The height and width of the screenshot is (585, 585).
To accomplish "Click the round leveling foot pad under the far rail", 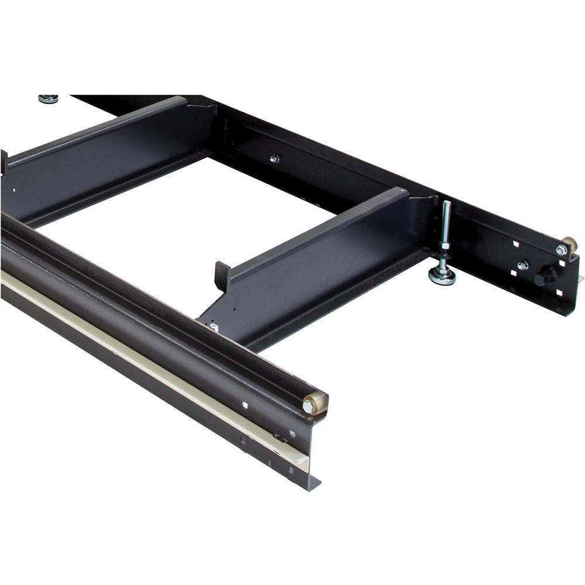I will [442, 277].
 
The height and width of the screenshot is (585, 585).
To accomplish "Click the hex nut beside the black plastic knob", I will [522, 266].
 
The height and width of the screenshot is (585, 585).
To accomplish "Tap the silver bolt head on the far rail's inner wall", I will [274, 158].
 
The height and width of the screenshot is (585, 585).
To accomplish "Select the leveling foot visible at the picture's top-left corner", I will [48, 98].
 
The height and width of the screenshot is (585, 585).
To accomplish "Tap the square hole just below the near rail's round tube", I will [245, 405].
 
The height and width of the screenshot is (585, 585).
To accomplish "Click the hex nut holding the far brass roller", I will [561, 250].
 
